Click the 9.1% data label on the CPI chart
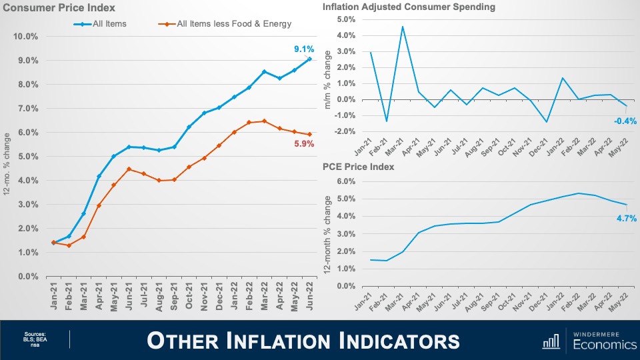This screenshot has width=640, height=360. coord(304,49)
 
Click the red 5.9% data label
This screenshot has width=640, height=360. coord(304,143)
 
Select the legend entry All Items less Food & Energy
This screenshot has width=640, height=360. coord(234,24)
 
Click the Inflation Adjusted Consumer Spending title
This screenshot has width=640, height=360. coord(409,7)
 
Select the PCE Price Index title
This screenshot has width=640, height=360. coord(358,167)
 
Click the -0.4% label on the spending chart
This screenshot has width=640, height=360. coord(626,121)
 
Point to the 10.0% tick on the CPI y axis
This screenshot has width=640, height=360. coord(27,36)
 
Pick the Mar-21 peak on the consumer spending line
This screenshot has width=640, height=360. coord(403,27)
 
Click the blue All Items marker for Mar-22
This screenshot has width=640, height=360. coord(264,71)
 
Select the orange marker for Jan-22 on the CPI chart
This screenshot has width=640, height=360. coord(233,132)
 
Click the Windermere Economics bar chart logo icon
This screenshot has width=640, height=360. coord(551,341)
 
